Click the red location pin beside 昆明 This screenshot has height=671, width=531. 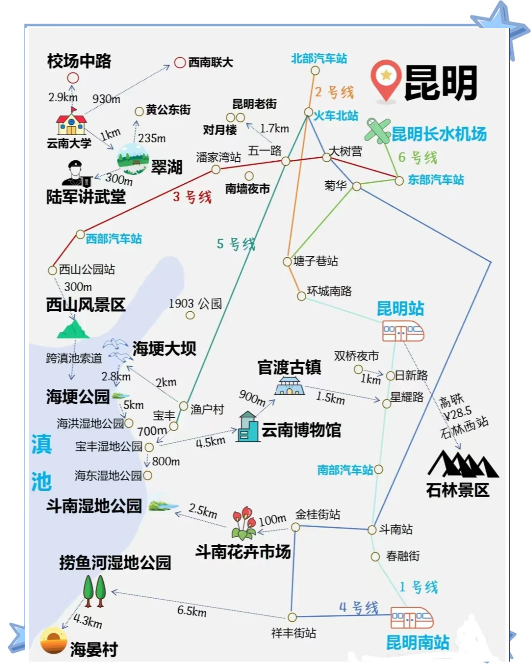[386, 80]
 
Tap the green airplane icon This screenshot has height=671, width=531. [377, 130]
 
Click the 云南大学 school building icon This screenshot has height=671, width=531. [71, 124]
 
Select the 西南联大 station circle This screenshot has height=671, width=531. [180, 62]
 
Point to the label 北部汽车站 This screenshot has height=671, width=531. [319, 58]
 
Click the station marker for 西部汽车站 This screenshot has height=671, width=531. [80, 234]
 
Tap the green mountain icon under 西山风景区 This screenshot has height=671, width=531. [73, 329]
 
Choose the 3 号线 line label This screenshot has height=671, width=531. [192, 197]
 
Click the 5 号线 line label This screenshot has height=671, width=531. [235, 244]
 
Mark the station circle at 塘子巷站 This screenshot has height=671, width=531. [288, 261]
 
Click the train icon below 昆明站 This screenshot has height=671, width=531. [403, 331]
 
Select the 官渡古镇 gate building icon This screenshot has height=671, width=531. [289, 386]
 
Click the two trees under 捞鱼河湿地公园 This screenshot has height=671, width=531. [94, 590]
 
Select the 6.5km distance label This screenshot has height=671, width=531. [192, 611]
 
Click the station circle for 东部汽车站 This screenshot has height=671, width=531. [399, 181]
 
